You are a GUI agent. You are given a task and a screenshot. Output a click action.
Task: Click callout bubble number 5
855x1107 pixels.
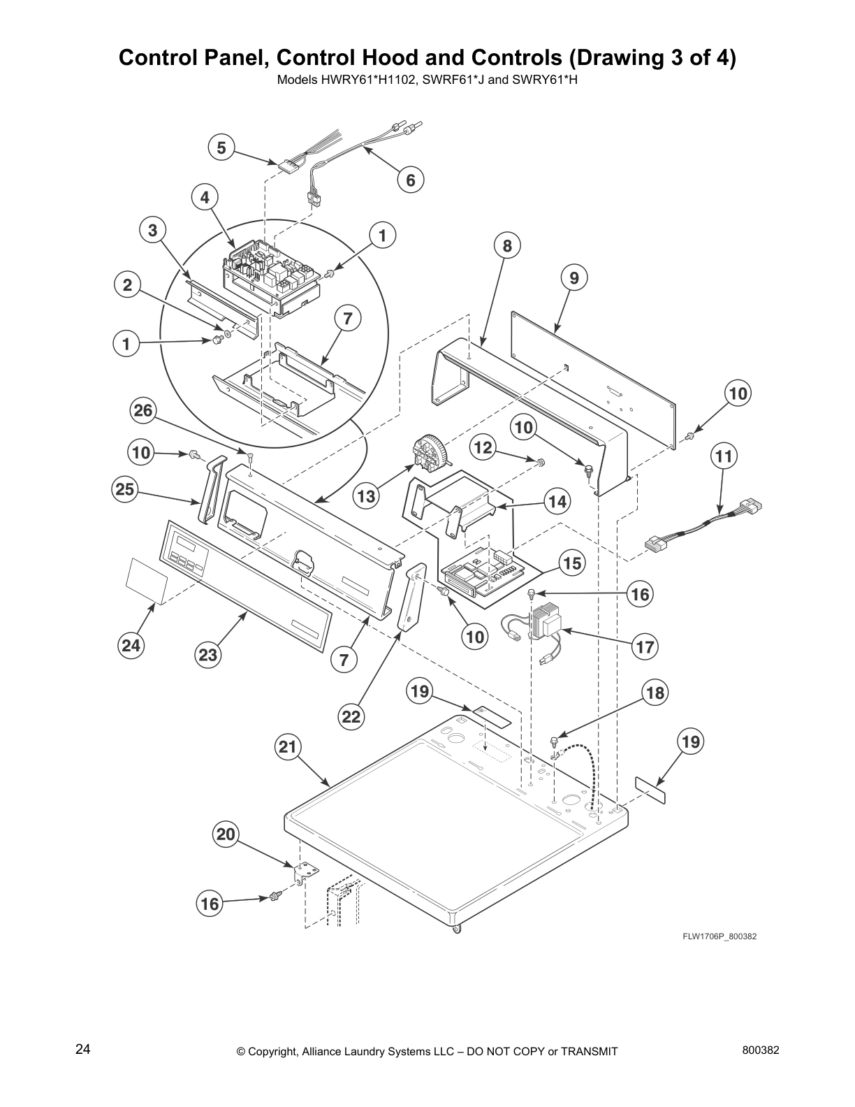221,147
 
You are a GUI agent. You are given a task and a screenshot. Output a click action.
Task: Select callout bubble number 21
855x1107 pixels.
287,747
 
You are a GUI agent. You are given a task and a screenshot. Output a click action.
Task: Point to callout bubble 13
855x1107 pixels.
366,497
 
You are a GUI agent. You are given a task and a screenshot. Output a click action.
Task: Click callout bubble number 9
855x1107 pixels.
573,278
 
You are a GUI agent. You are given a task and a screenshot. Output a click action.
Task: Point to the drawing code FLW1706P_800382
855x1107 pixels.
719,936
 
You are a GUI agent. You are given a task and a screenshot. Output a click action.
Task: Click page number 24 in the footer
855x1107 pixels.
82,1049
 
